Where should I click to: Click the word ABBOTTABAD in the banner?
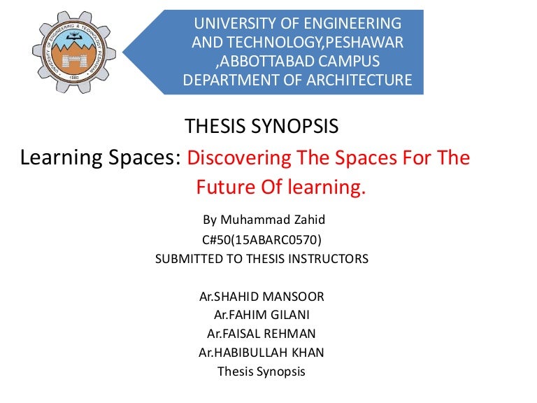pos(266,61)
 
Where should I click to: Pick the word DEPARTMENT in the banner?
pos(230,80)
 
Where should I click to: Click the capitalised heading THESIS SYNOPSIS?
pos(262,127)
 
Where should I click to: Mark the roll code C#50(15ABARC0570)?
pos(262,239)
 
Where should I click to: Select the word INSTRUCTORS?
pos(329,259)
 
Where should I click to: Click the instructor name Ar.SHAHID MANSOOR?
pos(262,297)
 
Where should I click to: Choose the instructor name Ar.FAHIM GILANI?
pos(262,315)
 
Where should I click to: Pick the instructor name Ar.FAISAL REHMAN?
pos(262,333)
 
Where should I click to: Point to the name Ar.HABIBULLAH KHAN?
pos(262,352)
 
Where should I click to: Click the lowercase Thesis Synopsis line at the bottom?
pos(262,372)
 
